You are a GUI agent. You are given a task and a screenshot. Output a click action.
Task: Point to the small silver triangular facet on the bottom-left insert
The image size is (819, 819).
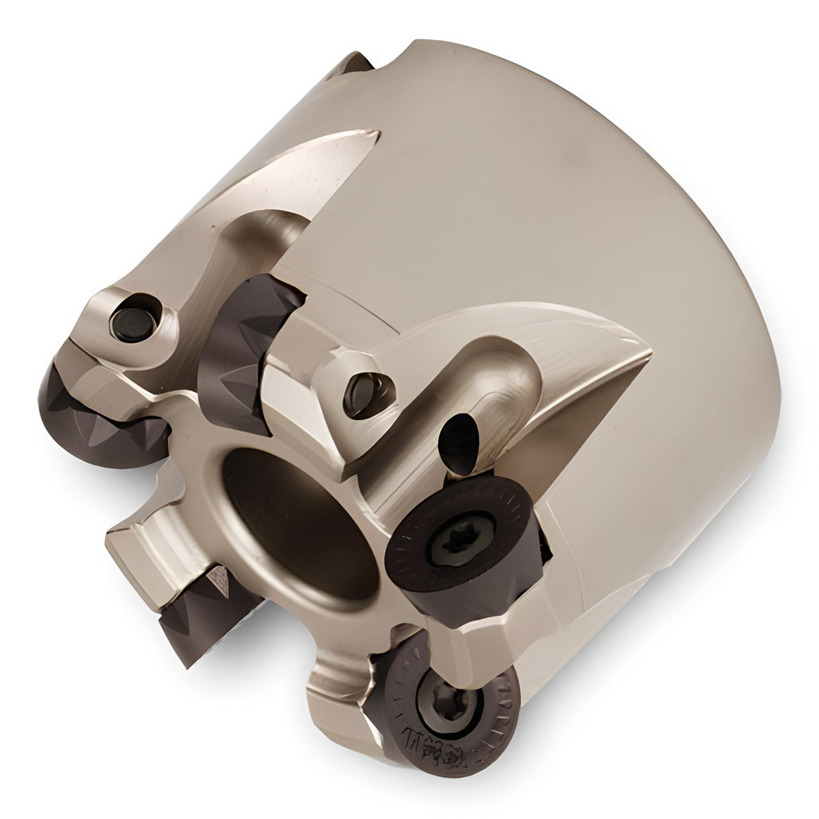coord(219,579)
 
